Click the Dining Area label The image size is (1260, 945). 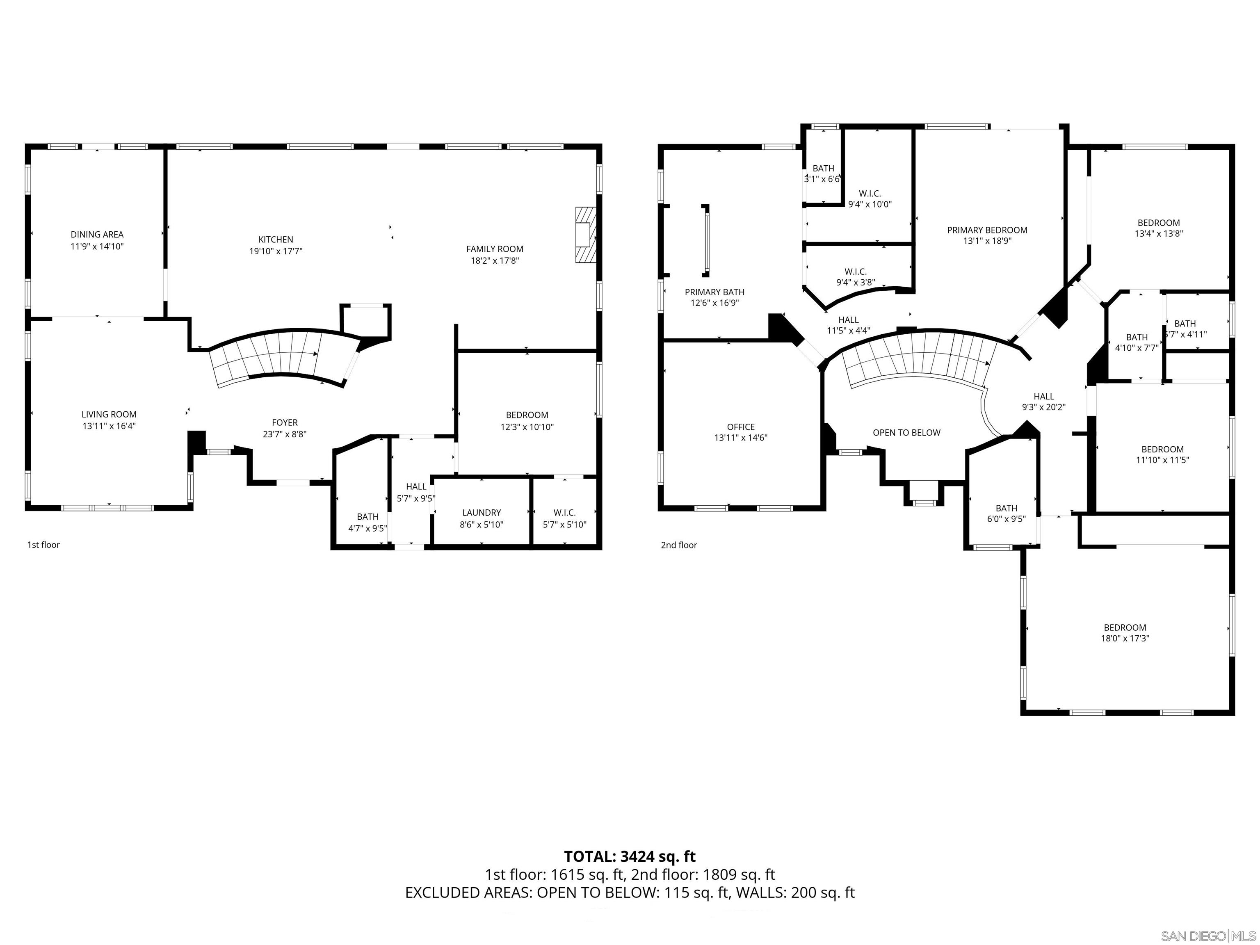pos(97,235)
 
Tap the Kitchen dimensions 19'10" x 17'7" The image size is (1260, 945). pos(276,251)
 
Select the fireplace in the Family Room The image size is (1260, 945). pos(585,235)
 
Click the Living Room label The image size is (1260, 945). pos(109,415)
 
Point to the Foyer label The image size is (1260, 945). pos(284,422)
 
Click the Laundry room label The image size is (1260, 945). pos(482,513)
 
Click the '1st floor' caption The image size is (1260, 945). pos(43,545)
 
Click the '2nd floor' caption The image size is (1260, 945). pos(678,545)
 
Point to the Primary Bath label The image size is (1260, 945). pos(714,292)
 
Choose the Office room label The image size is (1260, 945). pos(740,427)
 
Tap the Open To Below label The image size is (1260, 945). pos(906,433)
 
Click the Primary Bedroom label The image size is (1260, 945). pos(987,230)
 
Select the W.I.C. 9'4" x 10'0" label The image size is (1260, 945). pos(870,199)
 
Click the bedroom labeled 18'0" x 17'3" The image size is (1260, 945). pos(1124,633)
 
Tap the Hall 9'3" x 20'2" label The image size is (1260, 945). pos(1043,402)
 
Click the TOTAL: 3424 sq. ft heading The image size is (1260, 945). pos(630,856)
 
